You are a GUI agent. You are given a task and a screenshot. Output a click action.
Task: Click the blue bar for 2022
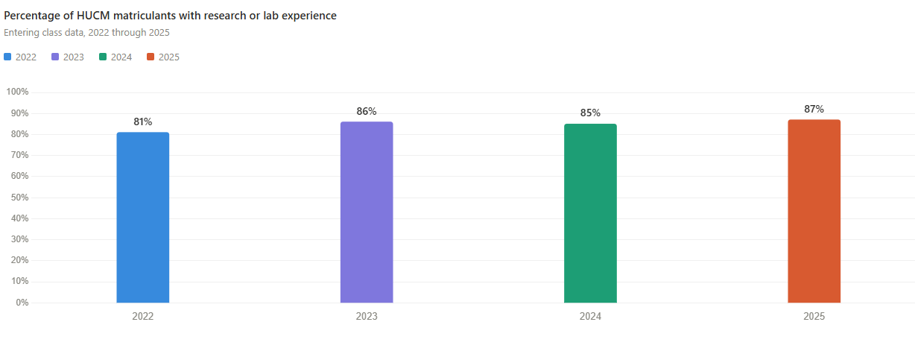pyautogui.click(x=143, y=218)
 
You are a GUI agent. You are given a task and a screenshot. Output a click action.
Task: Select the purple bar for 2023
pyautogui.click(x=367, y=212)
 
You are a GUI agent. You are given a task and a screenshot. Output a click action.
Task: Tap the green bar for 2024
pyautogui.click(x=590, y=213)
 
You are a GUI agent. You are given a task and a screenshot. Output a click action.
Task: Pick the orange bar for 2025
pyautogui.click(x=814, y=211)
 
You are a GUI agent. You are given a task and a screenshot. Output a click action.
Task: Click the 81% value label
pyautogui.click(x=143, y=121)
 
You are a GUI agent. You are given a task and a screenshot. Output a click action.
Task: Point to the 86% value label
pyautogui.click(x=367, y=111)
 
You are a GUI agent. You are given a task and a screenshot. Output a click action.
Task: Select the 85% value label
pyautogui.click(x=590, y=113)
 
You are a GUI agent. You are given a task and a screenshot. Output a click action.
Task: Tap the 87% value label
pyautogui.click(x=814, y=109)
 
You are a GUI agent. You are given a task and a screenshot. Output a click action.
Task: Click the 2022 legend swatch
pyautogui.click(x=7, y=57)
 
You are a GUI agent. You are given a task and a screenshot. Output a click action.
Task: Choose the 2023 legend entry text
pyautogui.click(x=73, y=57)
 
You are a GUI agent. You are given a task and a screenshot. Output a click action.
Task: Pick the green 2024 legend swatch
pyautogui.click(x=103, y=57)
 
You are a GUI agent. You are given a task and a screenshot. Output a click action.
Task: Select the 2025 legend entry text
pyautogui.click(x=169, y=57)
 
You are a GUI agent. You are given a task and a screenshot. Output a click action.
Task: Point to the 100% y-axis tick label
pyautogui.click(x=17, y=92)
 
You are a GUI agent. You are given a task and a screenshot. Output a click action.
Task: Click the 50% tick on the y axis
pyautogui.click(x=19, y=198)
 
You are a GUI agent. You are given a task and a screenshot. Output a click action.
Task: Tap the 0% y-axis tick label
pyautogui.click(x=22, y=303)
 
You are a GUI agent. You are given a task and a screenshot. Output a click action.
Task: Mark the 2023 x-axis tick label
pyautogui.click(x=367, y=316)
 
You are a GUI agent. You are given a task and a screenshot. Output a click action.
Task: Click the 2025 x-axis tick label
pyautogui.click(x=814, y=316)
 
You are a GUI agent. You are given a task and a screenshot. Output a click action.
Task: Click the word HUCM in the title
pyautogui.click(x=92, y=16)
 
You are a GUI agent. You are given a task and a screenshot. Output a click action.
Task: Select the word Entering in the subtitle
pyautogui.click(x=22, y=32)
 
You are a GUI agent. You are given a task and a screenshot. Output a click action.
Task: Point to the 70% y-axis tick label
pyautogui.click(x=19, y=155)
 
